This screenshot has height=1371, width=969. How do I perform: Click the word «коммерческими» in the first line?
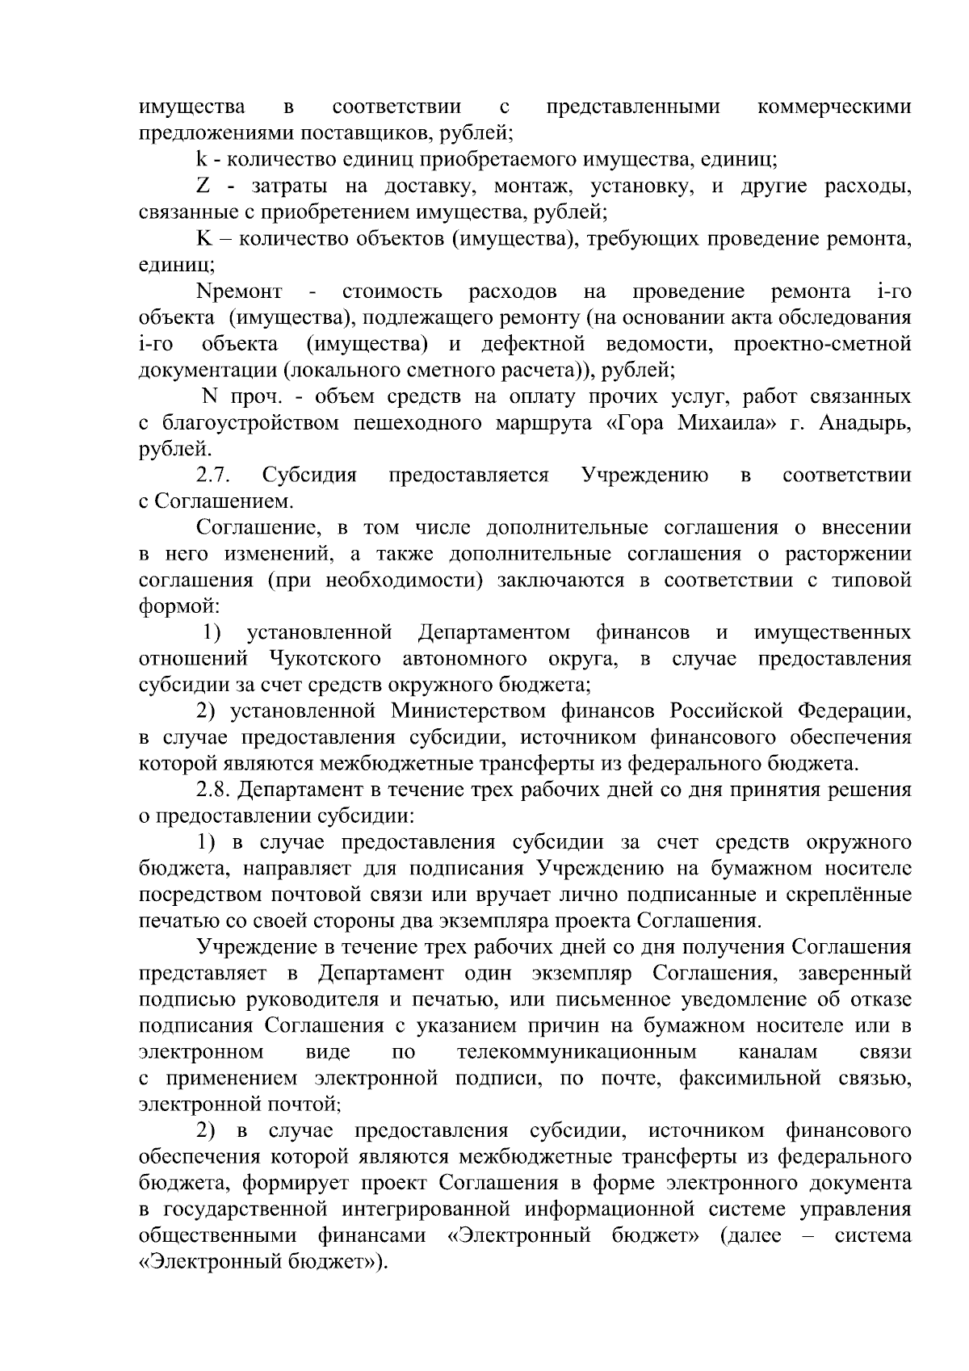pos(835,107)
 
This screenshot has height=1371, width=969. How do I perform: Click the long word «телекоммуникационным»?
pos(576,1052)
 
